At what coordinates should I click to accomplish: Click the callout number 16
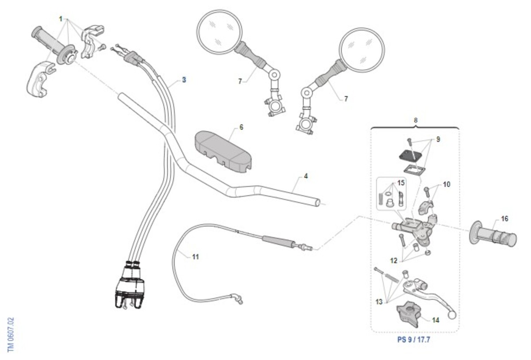504,218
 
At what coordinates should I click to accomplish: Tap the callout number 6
241,127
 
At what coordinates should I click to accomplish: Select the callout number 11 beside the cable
195,256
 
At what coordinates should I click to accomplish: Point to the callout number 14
436,320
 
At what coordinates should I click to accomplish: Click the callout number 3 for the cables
184,80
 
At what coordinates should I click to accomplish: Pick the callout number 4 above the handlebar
306,176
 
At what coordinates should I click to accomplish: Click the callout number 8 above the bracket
415,120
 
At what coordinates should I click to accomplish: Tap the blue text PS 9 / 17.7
414,341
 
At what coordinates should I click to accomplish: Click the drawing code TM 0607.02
11,334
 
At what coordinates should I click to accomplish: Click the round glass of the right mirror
362,49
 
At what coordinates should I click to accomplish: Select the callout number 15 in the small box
400,182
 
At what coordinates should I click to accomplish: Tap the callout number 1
61,19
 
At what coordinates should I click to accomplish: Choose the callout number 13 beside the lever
379,302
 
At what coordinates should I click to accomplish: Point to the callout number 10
446,184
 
